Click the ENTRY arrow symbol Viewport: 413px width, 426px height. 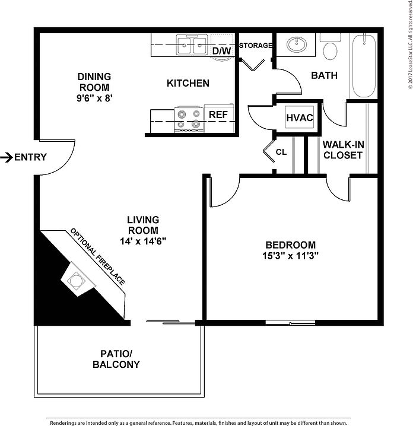pyautogui.click(x=7, y=157)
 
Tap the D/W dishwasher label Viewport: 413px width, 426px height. pyautogui.click(x=222, y=51)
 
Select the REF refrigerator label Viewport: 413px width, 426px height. pyautogui.click(x=218, y=115)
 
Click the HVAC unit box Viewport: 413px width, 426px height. pyautogui.click(x=300, y=117)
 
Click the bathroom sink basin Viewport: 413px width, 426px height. pyautogui.click(x=297, y=44)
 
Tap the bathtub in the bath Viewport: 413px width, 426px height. pyautogui.click(x=364, y=66)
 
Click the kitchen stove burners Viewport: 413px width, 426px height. pyautogui.click(x=189, y=119)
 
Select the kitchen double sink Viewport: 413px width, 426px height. pyautogui.click(x=192, y=45)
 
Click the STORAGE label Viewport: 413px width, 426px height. pyautogui.click(x=256, y=45)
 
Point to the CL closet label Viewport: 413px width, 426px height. pyautogui.click(x=281, y=152)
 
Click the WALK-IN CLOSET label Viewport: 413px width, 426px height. pyautogui.click(x=343, y=150)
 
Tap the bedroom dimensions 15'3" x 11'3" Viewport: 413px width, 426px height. pyautogui.click(x=290, y=256)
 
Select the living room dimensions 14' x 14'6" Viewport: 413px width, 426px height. pyautogui.click(x=143, y=241)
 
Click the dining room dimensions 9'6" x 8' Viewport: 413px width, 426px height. pyautogui.click(x=94, y=98)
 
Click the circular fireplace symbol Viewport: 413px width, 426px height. pyautogui.click(x=76, y=280)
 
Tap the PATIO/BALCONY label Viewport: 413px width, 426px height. pyautogui.click(x=116, y=359)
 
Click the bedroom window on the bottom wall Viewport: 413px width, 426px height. pyautogui.click(x=290, y=323)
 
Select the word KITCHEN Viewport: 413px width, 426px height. pyautogui.click(x=188, y=83)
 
